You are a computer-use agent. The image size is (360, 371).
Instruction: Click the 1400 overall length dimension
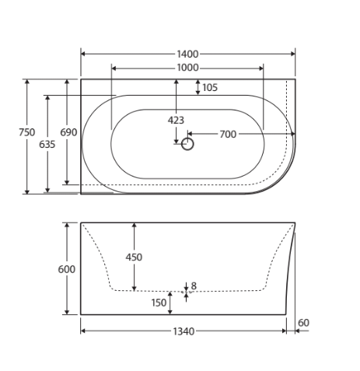(x=187, y=54)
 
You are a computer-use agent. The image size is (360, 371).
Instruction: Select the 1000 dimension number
(x=187, y=68)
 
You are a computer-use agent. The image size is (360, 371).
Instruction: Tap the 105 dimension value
(x=210, y=88)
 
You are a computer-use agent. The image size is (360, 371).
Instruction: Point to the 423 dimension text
(x=176, y=121)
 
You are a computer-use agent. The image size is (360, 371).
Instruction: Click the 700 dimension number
(x=228, y=135)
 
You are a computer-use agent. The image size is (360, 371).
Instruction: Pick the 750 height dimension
(x=27, y=132)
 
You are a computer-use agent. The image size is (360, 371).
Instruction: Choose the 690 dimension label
(x=68, y=132)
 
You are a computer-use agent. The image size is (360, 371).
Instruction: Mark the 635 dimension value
(x=47, y=144)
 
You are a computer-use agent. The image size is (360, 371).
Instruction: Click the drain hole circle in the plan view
(x=187, y=138)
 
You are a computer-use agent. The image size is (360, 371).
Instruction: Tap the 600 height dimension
(x=67, y=269)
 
